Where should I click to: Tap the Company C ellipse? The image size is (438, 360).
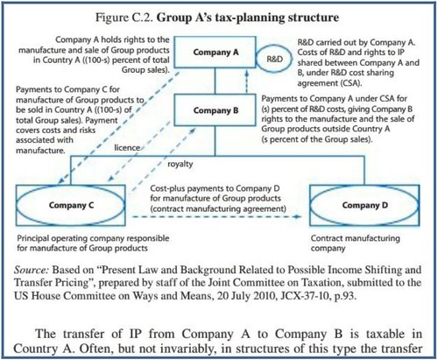pos(17,205)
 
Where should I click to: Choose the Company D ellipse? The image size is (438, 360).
pos(310,205)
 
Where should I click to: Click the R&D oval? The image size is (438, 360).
pos(257,59)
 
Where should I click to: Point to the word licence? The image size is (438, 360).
pos(127,148)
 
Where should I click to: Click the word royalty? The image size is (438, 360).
pos(180,164)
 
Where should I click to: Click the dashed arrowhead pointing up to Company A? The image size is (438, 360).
pos(247,73)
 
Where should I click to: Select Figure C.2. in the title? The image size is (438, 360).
pos(124,18)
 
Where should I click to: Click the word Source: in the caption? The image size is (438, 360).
pos(32,270)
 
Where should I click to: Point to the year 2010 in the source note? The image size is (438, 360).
pos(263,296)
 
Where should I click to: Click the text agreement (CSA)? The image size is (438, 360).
pos(329,83)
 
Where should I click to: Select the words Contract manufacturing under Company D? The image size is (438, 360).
pos(355,238)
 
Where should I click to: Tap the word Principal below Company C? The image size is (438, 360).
pos(32,238)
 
